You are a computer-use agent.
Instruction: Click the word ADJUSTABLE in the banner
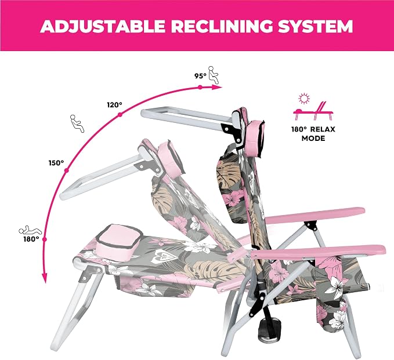pyautogui.click(x=103, y=26)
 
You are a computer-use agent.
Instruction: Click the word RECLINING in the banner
pyautogui.click(x=222, y=26)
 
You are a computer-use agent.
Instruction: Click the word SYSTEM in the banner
pyautogui.click(x=316, y=26)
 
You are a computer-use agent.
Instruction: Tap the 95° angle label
pyautogui.click(x=200, y=76)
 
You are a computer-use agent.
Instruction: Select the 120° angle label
pyautogui.click(x=114, y=105)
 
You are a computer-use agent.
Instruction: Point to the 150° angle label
pyautogui.click(x=56, y=163)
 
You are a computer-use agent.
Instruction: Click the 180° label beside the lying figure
pyautogui.click(x=31, y=239)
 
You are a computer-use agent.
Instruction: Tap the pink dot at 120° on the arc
pyautogui.click(x=120, y=115)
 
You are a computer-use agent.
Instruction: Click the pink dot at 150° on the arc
pyautogui.click(x=67, y=170)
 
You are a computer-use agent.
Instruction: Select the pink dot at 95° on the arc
pyautogui.click(x=200, y=87)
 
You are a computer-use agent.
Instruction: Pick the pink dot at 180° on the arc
pyautogui.click(x=45, y=239)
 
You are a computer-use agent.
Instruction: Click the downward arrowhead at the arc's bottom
pyautogui.click(x=45, y=278)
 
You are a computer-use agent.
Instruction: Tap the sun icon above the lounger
pyautogui.click(x=304, y=99)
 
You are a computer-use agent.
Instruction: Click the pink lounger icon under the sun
pyautogui.click(x=313, y=111)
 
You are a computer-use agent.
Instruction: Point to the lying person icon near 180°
pyautogui.click(x=30, y=230)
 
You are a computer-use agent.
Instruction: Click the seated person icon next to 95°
pyautogui.click(x=213, y=75)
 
